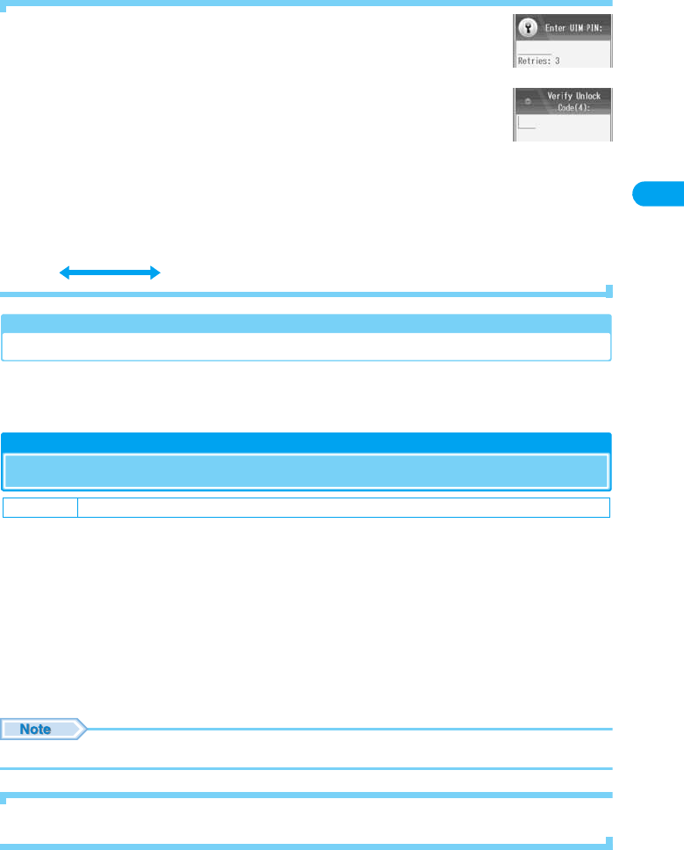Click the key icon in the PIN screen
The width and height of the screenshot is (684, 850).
529,27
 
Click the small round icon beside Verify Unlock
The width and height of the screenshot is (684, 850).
527,102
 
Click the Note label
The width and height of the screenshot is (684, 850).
36,729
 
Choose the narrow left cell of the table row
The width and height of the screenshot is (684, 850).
40,507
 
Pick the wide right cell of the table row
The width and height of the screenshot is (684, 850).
343,507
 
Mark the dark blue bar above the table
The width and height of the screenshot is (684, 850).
306,441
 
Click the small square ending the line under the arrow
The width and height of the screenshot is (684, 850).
608,289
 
